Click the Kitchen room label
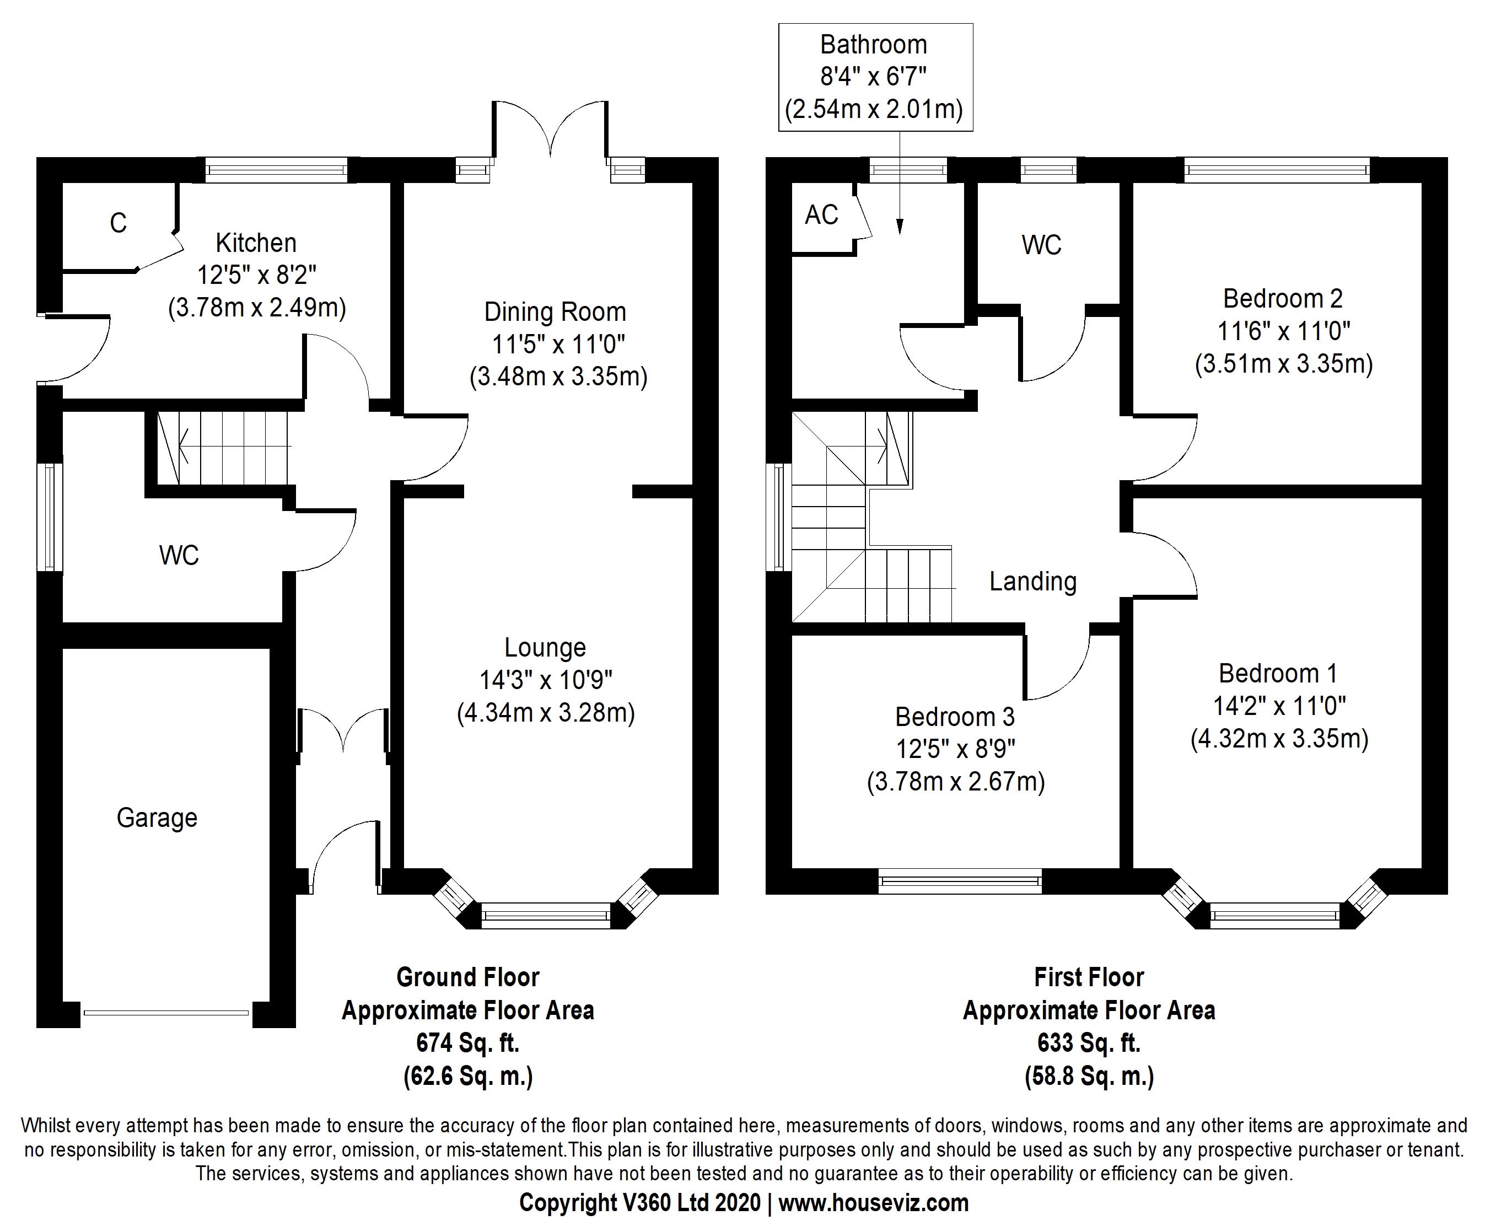256,243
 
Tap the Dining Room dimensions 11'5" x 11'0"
558,345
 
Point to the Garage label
157,818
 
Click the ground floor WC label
179,555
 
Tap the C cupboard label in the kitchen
118,223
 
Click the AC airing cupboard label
821,214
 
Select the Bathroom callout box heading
873,45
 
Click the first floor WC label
1041,245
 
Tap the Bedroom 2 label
1283,299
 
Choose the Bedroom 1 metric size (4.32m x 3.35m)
1279,739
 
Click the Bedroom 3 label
955,717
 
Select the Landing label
1032,581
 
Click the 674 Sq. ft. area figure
467,1042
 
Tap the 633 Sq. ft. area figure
1089,1042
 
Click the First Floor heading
1089,977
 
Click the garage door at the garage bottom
166,1013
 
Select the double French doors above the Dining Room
549,131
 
